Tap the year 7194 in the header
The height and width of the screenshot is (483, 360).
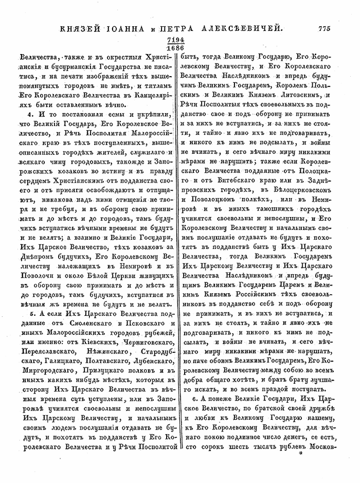pyautogui.click(x=179, y=40)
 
